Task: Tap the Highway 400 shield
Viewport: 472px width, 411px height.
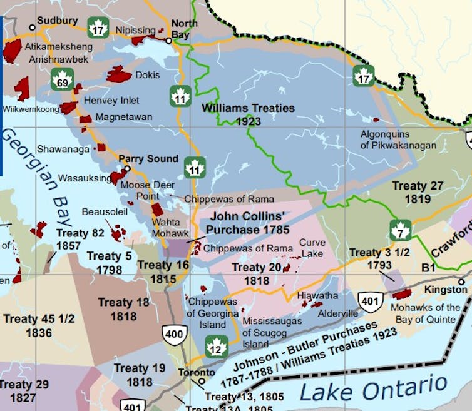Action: point(174,334)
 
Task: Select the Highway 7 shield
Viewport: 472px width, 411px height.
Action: point(400,230)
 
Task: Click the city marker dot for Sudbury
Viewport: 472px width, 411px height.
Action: point(32,28)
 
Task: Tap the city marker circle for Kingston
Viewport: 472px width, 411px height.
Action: point(461,282)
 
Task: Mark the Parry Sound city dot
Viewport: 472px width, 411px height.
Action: point(127,169)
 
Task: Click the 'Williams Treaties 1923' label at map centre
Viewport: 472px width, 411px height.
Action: point(248,114)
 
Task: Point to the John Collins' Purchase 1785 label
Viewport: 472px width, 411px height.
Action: point(241,223)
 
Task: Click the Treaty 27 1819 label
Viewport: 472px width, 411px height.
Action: point(418,192)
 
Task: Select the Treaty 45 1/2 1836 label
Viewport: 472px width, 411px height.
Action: point(39,325)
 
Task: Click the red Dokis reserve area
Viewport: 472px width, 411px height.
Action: point(118,74)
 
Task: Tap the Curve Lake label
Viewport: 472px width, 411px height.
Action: point(312,248)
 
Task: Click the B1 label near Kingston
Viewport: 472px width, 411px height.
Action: point(428,268)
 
